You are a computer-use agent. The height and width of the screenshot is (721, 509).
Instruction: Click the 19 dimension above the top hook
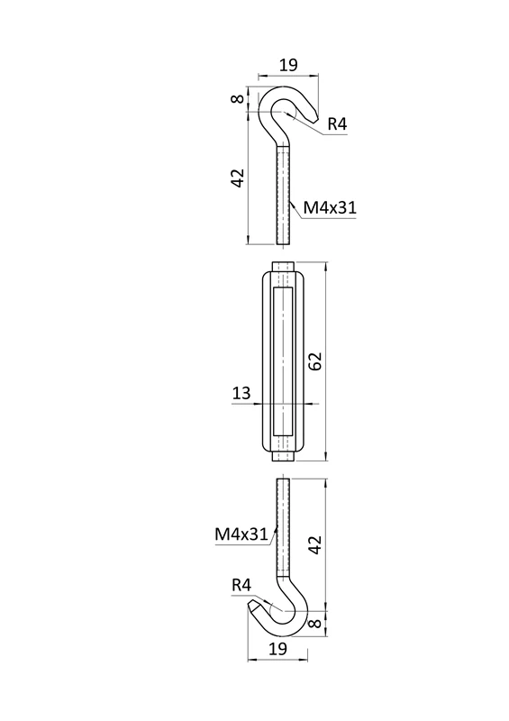(x=288, y=65)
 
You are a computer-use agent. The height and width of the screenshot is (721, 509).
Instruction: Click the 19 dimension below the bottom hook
(x=277, y=648)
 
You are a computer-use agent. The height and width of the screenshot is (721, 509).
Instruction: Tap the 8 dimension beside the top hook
(x=237, y=98)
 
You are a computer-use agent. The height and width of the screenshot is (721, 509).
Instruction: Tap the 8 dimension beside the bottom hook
(x=314, y=623)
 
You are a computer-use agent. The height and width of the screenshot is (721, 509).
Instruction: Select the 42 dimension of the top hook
(x=237, y=178)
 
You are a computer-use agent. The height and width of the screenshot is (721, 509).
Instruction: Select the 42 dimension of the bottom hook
(x=314, y=545)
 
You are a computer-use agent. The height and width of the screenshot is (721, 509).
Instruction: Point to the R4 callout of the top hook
(x=337, y=124)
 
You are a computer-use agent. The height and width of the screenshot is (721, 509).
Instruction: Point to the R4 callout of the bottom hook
(x=241, y=585)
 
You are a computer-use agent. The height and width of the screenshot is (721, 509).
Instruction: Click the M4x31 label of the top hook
(x=330, y=208)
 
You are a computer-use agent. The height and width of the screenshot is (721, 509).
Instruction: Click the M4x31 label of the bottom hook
(x=241, y=534)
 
